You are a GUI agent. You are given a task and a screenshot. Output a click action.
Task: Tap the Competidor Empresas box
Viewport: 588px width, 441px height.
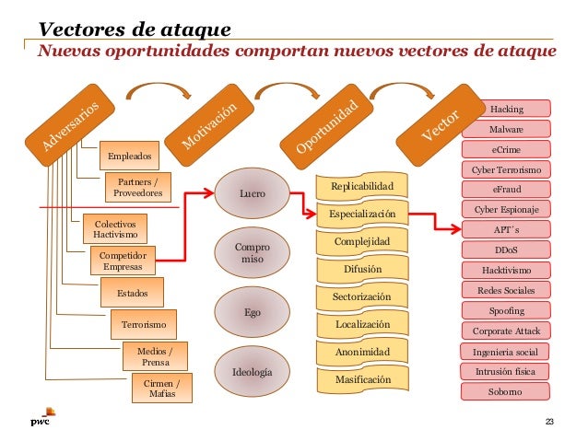122,261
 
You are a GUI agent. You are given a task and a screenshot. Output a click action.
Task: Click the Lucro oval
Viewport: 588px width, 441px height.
252,194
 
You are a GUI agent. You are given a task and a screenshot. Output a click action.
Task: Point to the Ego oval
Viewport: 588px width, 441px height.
252,312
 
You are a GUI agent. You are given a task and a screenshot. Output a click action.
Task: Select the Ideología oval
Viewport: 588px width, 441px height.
252,373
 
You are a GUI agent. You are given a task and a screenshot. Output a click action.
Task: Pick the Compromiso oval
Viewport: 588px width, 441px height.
252,254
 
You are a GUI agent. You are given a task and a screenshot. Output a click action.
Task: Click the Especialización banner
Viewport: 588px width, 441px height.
361,215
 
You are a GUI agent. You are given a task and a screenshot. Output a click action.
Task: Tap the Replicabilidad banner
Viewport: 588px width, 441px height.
361,187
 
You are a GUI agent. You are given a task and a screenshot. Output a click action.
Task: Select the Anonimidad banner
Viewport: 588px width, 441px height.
361,352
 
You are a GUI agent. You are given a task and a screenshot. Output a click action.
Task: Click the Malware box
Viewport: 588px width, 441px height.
505,129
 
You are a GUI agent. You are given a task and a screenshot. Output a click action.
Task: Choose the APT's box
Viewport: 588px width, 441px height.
505,229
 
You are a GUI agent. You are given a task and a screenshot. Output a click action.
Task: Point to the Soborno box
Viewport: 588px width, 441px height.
505,391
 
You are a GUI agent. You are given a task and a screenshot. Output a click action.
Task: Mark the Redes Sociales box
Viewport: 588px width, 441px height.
505,290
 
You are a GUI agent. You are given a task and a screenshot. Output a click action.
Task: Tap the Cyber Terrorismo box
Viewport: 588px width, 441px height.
505,169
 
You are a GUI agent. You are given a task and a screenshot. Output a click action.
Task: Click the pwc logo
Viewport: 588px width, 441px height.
41,419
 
